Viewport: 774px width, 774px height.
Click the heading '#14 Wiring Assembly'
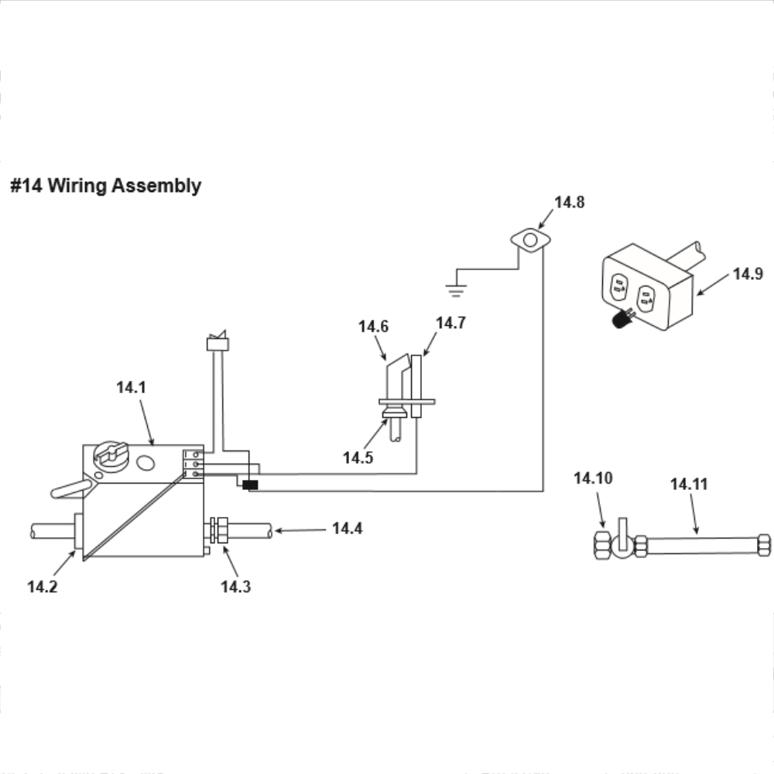[105, 186]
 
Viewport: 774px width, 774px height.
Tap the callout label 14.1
[131, 388]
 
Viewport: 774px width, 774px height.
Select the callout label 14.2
[42, 587]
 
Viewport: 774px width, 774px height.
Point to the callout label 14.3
[235, 587]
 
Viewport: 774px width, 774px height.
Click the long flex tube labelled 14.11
[704, 545]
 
